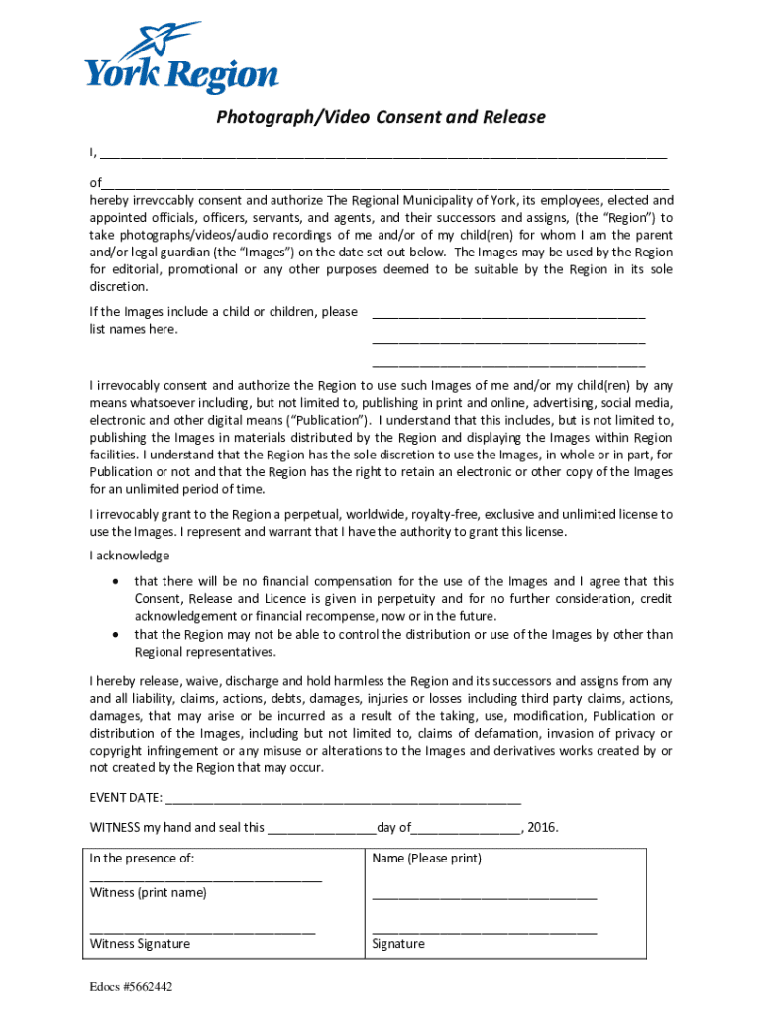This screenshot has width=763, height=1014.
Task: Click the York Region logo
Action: pyautogui.click(x=181, y=60)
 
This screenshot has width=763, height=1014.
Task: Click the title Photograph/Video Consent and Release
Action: pyautogui.click(x=381, y=117)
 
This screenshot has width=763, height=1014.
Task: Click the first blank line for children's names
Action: pyautogui.click(x=508, y=316)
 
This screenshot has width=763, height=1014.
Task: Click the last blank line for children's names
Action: pyautogui.click(x=508, y=366)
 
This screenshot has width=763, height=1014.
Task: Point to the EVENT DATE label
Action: pyautogui.click(x=126, y=798)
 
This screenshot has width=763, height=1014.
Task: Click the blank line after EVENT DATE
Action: pyautogui.click(x=343, y=801)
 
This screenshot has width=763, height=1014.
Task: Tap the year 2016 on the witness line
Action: pyautogui.click(x=543, y=827)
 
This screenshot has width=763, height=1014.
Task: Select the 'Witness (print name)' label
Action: pyautogui.click(x=148, y=892)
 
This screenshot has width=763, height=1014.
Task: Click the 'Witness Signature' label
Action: pyautogui.click(x=140, y=943)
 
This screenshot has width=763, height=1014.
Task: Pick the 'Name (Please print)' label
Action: pyautogui.click(x=426, y=858)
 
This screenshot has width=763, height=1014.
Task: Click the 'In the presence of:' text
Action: pyautogui.click(x=142, y=858)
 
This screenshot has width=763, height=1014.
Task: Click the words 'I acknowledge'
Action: pyautogui.click(x=129, y=556)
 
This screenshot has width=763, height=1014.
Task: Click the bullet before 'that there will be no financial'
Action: pyautogui.click(x=118, y=581)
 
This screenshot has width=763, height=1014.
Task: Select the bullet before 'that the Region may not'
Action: pyautogui.click(x=118, y=634)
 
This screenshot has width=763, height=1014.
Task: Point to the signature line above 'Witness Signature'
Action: pyautogui.click(x=202, y=931)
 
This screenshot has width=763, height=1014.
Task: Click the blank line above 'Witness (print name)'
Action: pyautogui.click(x=205, y=879)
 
